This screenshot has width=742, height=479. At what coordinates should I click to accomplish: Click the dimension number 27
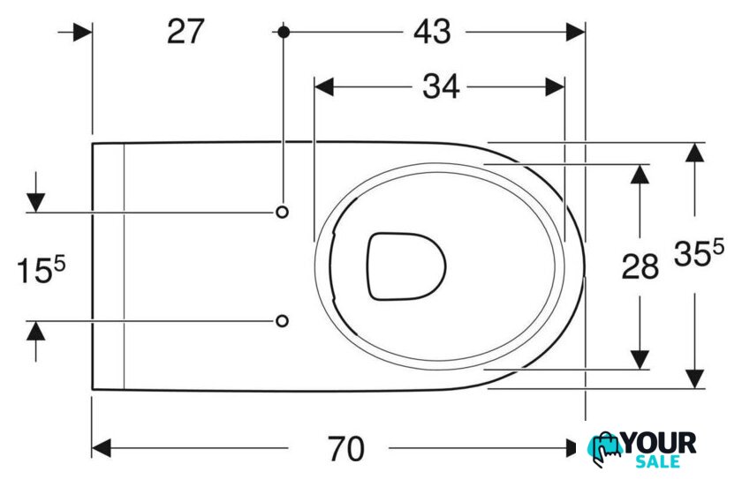tap(185, 32)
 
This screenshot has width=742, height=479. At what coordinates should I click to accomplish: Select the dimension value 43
tap(433, 32)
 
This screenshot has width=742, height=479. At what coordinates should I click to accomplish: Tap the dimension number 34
tap(441, 87)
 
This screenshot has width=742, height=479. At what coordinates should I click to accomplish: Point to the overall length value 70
tap(346, 449)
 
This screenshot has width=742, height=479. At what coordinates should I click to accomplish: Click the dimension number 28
tap(640, 266)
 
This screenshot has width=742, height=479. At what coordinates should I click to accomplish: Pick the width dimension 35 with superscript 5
tap(699, 253)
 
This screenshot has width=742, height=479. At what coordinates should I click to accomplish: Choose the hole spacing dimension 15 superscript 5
tap(42, 271)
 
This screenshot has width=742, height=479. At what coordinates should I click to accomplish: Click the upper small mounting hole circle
tap(282, 212)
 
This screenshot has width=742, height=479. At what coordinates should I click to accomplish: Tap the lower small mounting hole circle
tap(282, 321)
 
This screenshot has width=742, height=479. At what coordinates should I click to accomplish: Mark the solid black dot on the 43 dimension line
tap(284, 32)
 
